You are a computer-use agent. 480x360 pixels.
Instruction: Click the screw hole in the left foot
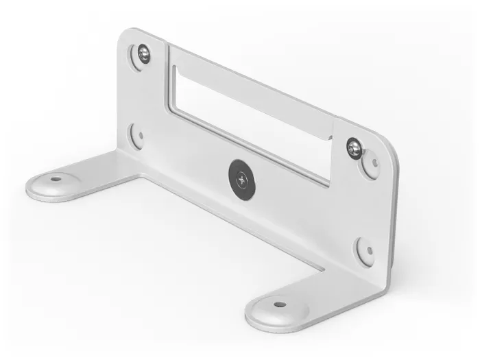coord(55,180)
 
